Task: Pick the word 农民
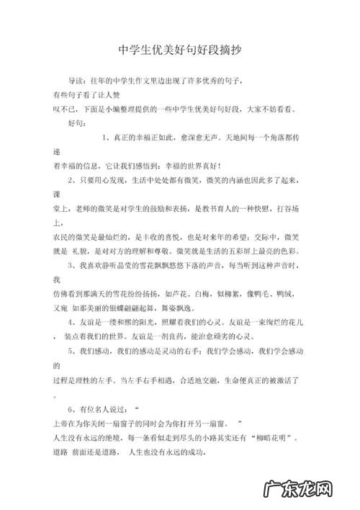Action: [60, 236]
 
